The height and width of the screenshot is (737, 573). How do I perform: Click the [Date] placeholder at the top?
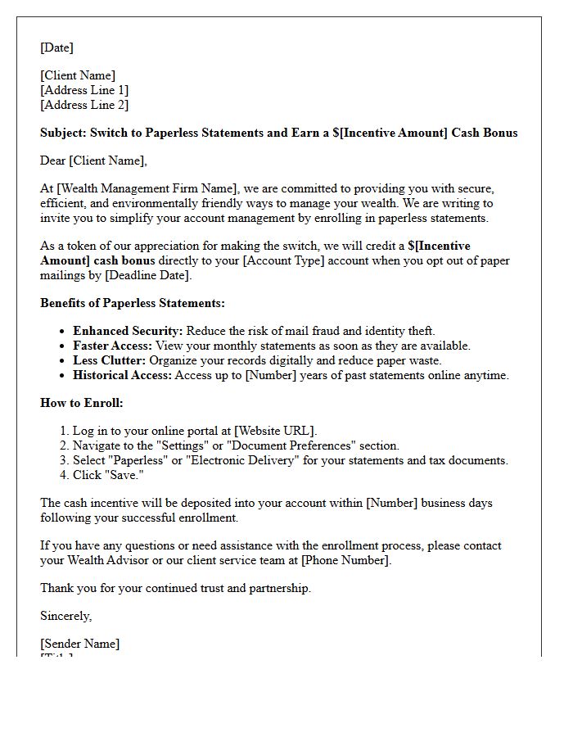(x=56, y=47)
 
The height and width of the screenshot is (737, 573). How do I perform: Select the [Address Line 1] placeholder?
(x=84, y=90)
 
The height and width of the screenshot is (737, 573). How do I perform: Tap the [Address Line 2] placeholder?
(x=84, y=105)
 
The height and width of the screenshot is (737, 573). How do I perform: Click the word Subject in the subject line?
(x=63, y=133)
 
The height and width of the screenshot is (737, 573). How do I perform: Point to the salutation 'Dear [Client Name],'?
(x=93, y=161)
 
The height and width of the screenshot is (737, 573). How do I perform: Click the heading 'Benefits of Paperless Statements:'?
(x=133, y=303)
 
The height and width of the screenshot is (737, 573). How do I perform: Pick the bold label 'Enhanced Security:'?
(x=127, y=331)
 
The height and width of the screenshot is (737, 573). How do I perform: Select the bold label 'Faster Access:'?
(x=112, y=346)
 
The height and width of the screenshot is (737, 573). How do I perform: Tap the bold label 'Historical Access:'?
(x=123, y=375)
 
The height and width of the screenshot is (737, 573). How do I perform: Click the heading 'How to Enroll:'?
(x=82, y=403)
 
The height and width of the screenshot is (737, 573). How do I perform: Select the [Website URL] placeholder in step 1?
(x=274, y=431)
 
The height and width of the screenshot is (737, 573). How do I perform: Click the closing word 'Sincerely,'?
(x=66, y=616)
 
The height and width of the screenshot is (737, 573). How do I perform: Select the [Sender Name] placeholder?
(x=79, y=644)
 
